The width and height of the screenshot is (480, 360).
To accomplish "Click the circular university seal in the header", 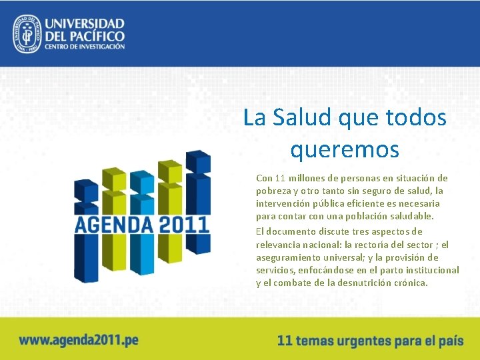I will point(27,33).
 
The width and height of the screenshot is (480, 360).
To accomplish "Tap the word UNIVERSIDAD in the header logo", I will point(84,22).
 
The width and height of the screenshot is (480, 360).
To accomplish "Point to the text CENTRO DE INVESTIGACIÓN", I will point(85,47).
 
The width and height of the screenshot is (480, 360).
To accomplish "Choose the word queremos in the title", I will point(345,149).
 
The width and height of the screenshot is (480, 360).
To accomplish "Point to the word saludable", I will point(409,216).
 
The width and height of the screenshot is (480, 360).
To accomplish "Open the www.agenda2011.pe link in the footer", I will point(79,340).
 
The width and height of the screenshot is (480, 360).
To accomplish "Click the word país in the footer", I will point(450,340).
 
